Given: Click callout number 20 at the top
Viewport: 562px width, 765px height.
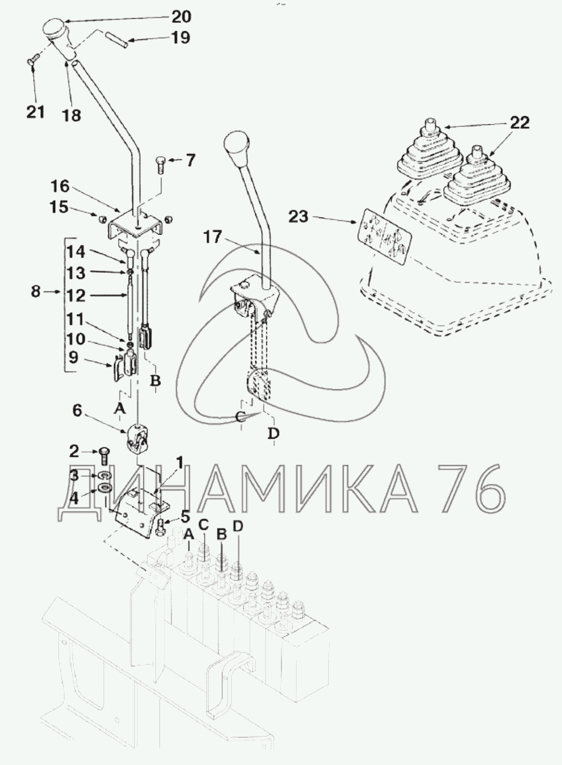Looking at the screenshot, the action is point(181,17).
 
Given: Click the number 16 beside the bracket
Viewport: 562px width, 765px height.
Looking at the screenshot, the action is point(60,186).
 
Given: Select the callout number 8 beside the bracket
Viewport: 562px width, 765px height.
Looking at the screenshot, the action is point(35,292).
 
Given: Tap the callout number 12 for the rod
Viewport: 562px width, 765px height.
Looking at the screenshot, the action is point(76,295).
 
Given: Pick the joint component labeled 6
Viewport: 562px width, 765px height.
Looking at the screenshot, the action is point(138,438).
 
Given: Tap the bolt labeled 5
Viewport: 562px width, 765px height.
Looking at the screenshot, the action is point(162,527).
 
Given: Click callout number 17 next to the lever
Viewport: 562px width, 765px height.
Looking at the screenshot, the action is point(213,236).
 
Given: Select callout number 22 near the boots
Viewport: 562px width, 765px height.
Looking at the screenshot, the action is point(519,123).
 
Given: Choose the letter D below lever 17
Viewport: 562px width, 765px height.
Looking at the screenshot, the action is point(273,432).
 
